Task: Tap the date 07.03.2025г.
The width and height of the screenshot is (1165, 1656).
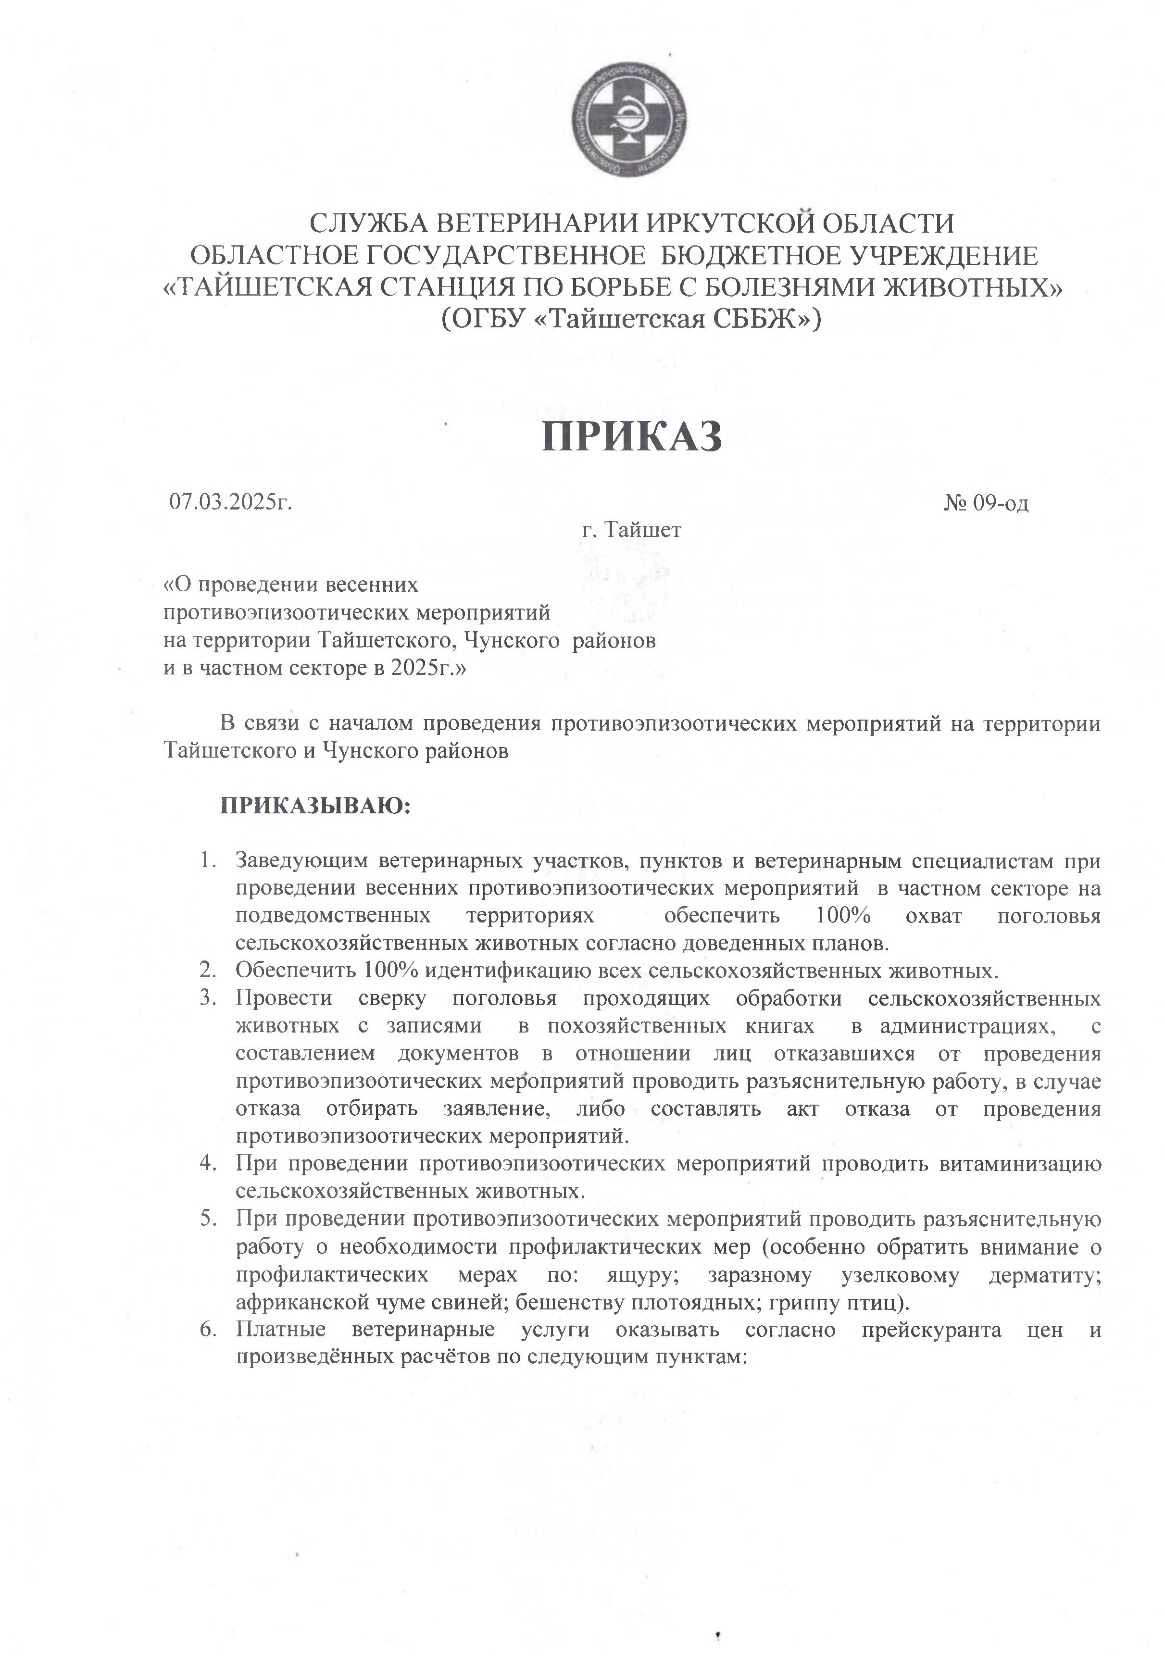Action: point(231,501)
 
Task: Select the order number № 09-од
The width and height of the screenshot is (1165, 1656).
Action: point(985,503)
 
